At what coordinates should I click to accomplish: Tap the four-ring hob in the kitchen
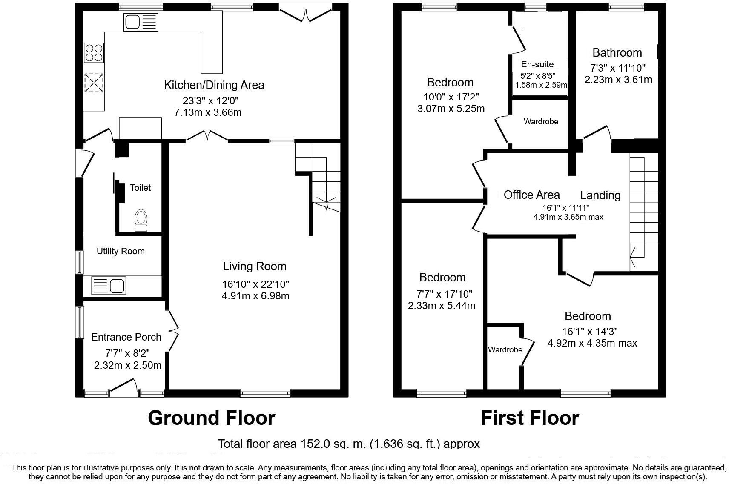(x=94, y=53)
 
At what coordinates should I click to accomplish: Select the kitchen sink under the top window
(x=141, y=22)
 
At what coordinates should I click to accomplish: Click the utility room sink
(x=109, y=286)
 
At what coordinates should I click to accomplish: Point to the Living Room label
(x=255, y=266)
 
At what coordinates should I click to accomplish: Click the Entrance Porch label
(x=126, y=337)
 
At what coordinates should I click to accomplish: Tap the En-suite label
(x=537, y=64)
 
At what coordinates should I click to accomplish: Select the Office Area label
(x=531, y=195)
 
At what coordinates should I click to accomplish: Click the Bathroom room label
(x=617, y=53)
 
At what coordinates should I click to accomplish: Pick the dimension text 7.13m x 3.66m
(x=208, y=112)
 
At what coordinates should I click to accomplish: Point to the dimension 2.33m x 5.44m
(x=442, y=305)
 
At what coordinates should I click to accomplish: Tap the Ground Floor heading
(x=212, y=418)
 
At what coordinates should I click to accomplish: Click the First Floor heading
(x=530, y=418)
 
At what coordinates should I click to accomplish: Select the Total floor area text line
(x=349, y=444)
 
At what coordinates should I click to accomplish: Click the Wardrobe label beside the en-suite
(x=541, y=122)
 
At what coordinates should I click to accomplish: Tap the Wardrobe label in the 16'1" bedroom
(x=505, y=350)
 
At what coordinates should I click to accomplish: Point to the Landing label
(x=600, y=195)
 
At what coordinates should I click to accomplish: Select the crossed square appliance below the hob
(x=94, y=83)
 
